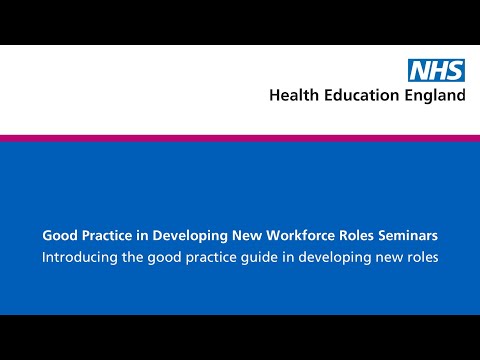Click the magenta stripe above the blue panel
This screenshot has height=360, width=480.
240,138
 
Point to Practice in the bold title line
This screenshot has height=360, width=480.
107,236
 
